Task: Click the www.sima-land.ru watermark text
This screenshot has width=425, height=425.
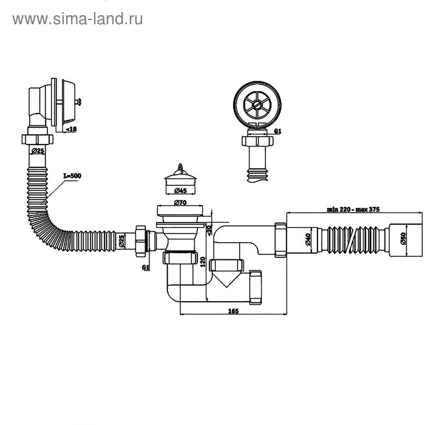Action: click(77, 19)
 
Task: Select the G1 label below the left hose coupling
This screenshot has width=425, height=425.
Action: click(145, 267)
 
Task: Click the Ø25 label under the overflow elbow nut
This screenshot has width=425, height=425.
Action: click(38, 150)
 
